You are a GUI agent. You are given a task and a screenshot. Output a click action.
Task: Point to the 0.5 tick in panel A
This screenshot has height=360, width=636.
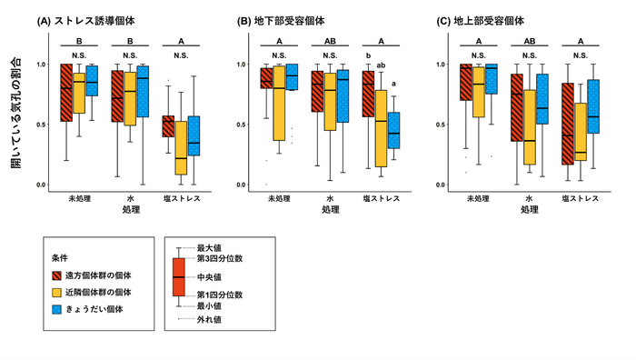(x=43, y=125)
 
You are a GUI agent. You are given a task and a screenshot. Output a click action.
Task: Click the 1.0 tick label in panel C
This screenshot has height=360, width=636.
(x=442, y=65)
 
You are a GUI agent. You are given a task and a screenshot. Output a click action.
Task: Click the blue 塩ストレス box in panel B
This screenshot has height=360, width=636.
(x=394, y=130)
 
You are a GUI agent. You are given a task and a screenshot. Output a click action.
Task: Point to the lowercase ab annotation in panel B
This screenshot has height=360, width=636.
(x=382, y=65)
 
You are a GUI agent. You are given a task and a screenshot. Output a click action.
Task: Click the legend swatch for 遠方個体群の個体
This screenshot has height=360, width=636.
(x=59, y=274)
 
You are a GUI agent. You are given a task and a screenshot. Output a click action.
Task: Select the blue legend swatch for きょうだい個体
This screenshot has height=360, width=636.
(x=59, y=309)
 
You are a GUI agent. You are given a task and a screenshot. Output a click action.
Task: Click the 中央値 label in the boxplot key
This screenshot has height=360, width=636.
(x=211, y=276)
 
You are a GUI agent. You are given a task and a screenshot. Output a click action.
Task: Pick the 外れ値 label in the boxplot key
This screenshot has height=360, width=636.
(x=211, y=319)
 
